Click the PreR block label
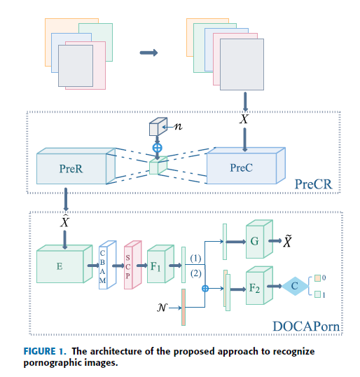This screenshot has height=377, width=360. point(71,169)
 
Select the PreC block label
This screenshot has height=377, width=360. point(241,167)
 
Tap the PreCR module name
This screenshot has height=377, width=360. point(313,184)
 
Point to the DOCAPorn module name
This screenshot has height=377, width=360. point(306,327)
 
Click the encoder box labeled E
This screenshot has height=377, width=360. point(64,263)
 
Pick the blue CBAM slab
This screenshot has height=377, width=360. point(107,265)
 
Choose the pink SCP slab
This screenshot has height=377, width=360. point(132,265)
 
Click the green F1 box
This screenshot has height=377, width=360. point(160,263)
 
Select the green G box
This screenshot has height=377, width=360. point(259,239)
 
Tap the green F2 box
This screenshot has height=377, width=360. point(259,285)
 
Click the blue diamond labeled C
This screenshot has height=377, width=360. point(295,286)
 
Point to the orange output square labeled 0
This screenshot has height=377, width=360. point(317,278)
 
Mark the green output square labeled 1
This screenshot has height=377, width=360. point(317,294)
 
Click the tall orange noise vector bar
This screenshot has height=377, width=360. point(184,307)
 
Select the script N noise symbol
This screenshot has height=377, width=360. point(162,308)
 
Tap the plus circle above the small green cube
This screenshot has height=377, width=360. point(157,148)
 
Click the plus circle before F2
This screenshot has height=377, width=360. point(205,289)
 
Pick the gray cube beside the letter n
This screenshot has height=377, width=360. point(158,127)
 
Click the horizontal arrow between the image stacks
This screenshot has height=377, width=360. point(148,53)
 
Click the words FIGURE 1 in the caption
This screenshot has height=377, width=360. point(45,351)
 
